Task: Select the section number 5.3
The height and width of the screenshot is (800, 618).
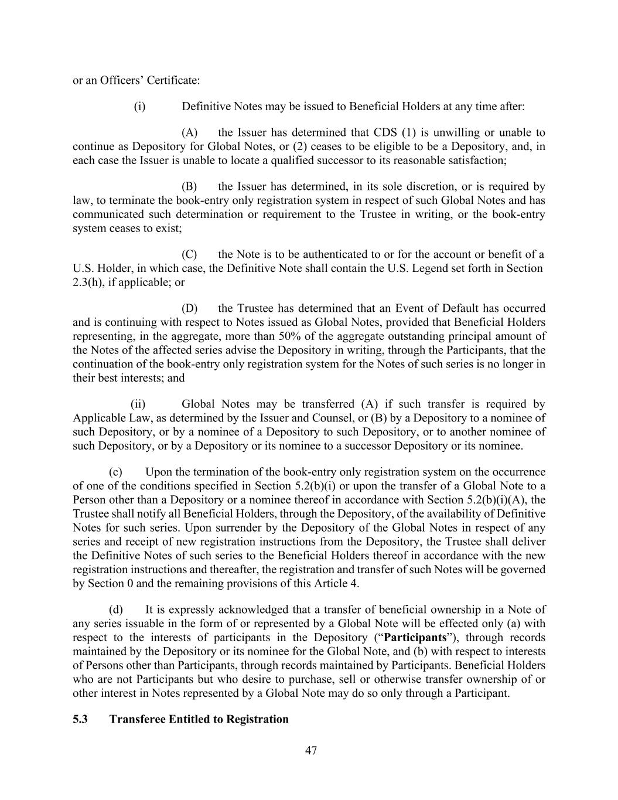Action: coord(80,719)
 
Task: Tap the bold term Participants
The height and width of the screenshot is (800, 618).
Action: coord(415,638)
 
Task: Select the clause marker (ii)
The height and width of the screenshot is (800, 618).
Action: coord(138,404)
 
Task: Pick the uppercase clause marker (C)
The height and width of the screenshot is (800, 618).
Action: coord(189,254)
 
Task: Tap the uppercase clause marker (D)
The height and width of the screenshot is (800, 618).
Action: coord(189,308)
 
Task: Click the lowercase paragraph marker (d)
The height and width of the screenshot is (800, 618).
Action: coord(116,610)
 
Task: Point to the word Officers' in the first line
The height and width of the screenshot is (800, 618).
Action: coord(122,80)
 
